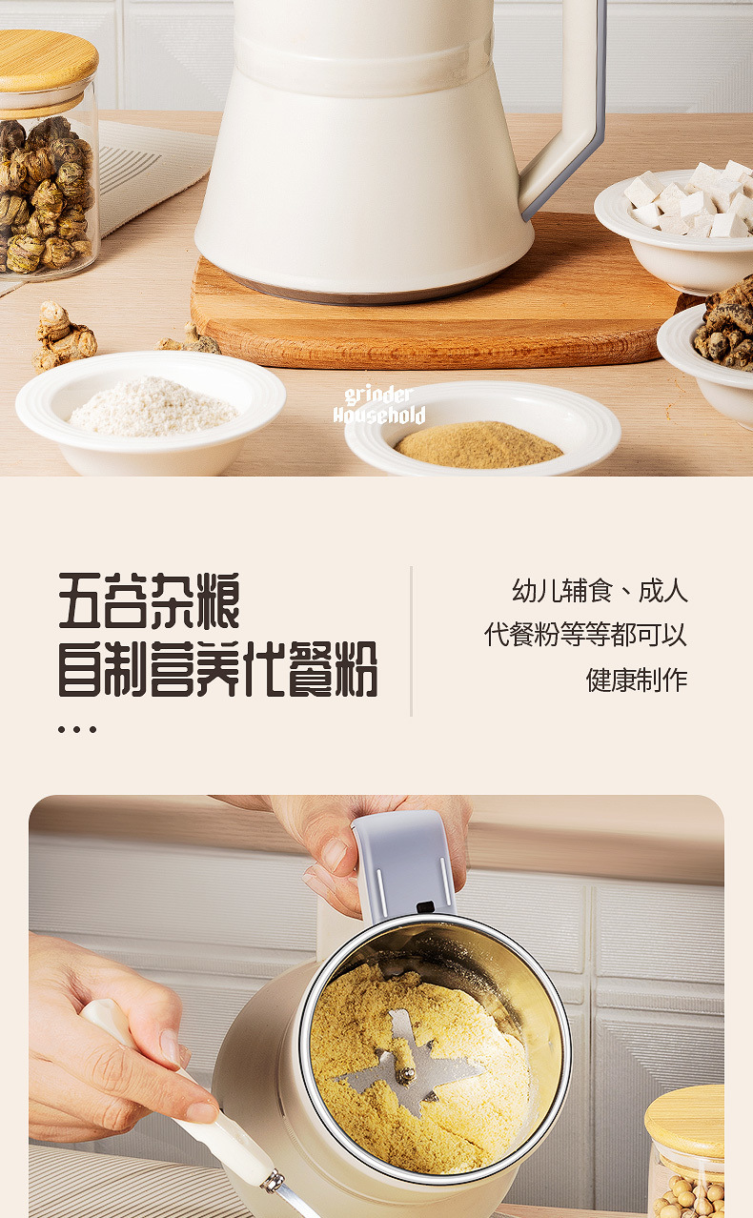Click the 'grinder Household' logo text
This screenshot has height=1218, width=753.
click(x=379, y=406)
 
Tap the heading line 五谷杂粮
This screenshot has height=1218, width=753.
click(x=149, y=600)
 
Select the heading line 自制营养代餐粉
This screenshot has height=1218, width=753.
click(x=217, y=669)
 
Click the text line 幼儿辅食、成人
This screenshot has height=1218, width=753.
click(x=600, y=591)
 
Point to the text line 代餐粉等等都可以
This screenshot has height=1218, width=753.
click(x=585, y=635)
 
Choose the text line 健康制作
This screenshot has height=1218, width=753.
click(x=637, y=680)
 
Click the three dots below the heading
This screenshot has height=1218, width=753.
click(x=77, y=729)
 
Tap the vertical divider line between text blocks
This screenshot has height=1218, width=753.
click(x=411, y=641)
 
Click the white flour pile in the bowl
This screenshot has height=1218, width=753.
click(x=153, y=407)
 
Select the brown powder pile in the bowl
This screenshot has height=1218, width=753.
click(x=478, y=445)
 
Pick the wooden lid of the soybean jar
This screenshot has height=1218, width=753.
click(x=684, y=1123)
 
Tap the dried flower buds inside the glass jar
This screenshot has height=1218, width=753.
click(x=46, y=193)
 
